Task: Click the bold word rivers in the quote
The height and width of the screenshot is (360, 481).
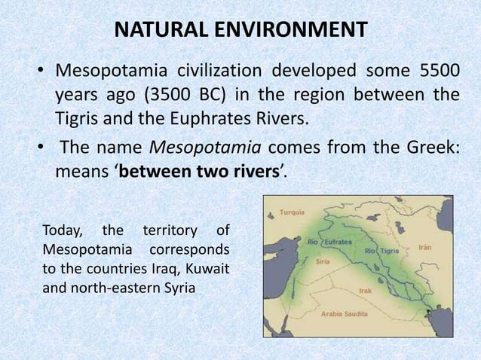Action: pyautogui.click(x=252, y=171)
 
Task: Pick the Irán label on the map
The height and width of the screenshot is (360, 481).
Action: pyautogui.click(x=427, y=246)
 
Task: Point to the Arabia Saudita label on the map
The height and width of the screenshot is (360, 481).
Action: pyautogui.click(x=345, y=314)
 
